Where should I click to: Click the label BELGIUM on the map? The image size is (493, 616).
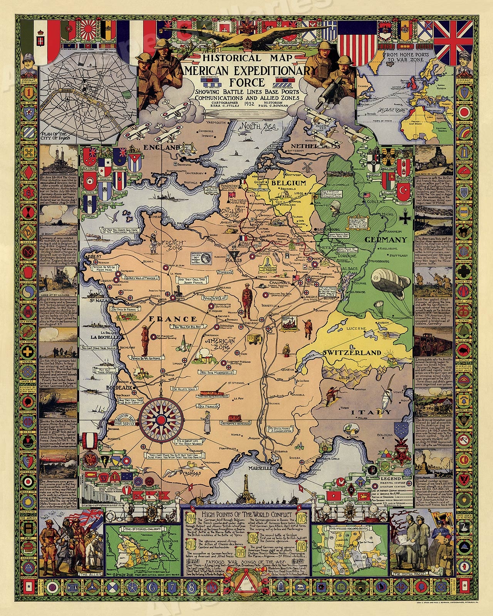288,183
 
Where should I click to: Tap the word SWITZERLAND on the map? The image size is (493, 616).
351,353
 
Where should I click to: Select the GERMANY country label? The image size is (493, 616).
386,240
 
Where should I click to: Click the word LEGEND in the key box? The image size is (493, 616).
391,479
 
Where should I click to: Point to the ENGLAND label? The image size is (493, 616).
161,147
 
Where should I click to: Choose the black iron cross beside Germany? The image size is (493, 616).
405,219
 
